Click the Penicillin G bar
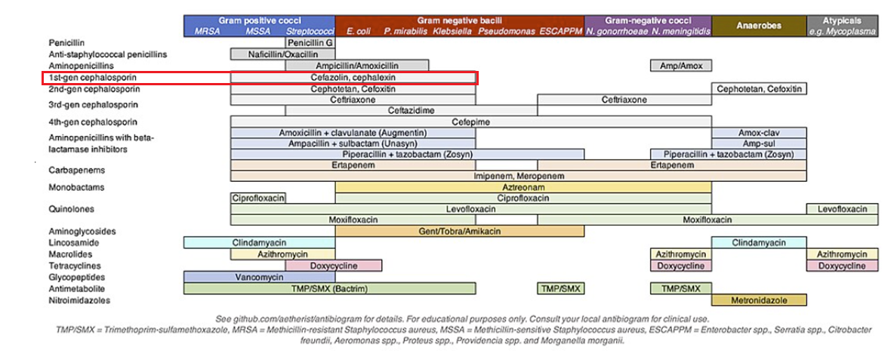(310, 43)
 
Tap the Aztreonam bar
(523, 186)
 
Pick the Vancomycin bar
(259, 277)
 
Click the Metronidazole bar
(759, 300)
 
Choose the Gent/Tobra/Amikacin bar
(459, 231)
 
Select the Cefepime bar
(471, 122)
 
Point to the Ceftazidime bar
(411, 110)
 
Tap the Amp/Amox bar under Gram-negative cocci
(681, 66)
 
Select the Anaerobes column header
(759, 26)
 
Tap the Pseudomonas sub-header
(506, 32)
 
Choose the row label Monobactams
(76, 187)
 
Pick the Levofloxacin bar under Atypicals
(843, 209)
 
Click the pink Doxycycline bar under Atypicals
(843, 266)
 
